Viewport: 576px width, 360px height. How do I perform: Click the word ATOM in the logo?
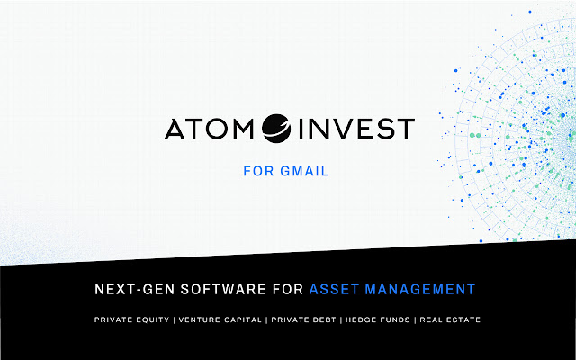211,130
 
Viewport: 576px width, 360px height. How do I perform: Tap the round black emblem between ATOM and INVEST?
276,130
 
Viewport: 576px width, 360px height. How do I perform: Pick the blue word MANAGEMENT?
421,289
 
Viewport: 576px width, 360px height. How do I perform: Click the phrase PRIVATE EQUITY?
131,320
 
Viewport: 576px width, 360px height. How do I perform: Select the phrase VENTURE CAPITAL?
221,320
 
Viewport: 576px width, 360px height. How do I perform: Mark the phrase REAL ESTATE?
450,320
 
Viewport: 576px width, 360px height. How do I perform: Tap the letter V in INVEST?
337,130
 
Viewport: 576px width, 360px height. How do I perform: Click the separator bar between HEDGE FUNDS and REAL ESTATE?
415,320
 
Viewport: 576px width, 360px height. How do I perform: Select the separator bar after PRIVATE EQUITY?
175,320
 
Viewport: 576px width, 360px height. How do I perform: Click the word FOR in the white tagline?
283,289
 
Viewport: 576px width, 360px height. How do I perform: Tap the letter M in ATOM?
246,130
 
